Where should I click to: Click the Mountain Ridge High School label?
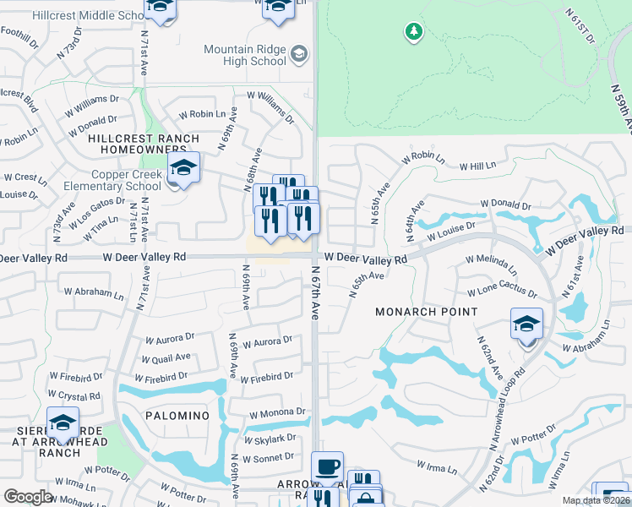click(x=245, y=55)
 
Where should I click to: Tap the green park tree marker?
click(x=414, y=32)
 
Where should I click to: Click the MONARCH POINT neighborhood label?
click(x=428, y=312)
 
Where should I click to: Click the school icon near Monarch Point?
click(x=526, y=324)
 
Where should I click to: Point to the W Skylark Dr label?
click(x=270, y=439)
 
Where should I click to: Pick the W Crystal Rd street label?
click(x=74, y=395)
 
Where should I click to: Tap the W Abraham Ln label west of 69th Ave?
click(x=93, y=292)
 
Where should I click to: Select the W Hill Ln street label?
click(x=477, y=166)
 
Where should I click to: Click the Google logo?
click(x=28, y=497)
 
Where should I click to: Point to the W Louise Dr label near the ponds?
click(x=451, y=231)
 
